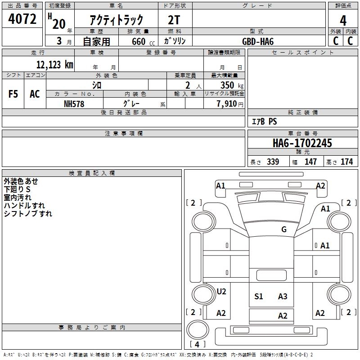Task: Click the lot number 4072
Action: coord(22,19)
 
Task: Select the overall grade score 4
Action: coord(343,20)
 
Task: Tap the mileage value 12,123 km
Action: coord(54,65)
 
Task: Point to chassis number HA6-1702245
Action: coord(302,143)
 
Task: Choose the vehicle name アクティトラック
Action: coord(117,20)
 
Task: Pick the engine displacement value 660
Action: coord(138,42)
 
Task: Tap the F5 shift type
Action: coord(13,94)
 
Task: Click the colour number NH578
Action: coord(74,103)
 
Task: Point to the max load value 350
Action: coord(227,85)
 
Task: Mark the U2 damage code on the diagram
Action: coord(221,292)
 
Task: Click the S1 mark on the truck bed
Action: coord(259,296)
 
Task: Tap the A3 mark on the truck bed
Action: coord(283,296)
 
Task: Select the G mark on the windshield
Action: coord(284,229)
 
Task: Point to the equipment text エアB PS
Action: coord(264,121)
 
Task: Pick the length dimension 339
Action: coord(273,162)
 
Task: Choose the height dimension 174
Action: coord(346,162)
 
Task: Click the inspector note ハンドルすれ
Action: coord(24,206)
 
